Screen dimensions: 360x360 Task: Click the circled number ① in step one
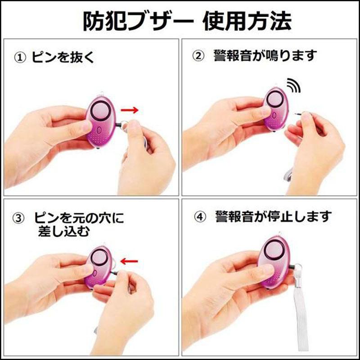[20, 58]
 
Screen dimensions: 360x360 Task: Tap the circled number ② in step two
[198, 56]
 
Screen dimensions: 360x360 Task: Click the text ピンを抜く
[63, 58]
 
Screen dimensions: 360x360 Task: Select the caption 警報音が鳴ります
[265, 56]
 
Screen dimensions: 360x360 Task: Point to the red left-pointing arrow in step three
[130, 261]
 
